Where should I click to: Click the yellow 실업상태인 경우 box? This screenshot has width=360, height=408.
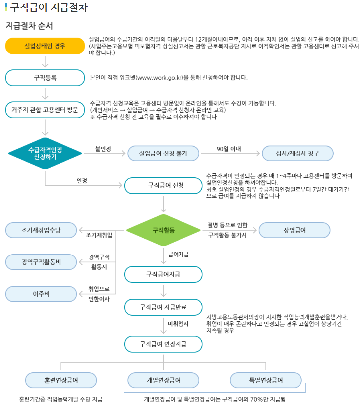coord(45,46)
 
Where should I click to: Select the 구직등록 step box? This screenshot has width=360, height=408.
coord(45,78)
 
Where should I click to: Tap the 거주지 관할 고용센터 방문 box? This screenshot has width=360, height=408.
coord(45,110)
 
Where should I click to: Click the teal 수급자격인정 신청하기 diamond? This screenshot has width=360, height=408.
coord(45,153)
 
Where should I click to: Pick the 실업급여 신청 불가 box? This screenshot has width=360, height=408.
coord(163,153)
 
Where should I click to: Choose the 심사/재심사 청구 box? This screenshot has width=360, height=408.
coord(298,153)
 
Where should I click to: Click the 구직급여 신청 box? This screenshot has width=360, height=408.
coord(163,185)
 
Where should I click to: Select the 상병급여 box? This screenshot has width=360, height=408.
coord(294,230)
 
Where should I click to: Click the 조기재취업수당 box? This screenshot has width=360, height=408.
coord(41,230)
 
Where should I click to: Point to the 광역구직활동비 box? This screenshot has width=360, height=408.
coord(41,262)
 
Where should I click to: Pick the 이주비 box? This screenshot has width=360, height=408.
coord(41,294)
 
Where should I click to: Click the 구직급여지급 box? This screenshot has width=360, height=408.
coord(163,274)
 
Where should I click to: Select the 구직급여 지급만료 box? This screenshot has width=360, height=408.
coord(163,307)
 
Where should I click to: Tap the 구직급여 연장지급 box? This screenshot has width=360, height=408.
coord(163,344)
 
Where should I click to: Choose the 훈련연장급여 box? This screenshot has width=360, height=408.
coord(61,380)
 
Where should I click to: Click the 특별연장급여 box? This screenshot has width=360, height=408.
coord(266,380)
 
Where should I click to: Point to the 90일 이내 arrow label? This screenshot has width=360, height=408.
coord(229,149)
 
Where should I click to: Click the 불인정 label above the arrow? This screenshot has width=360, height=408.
coord(103,149)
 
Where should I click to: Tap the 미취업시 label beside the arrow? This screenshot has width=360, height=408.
coord(178,324)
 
